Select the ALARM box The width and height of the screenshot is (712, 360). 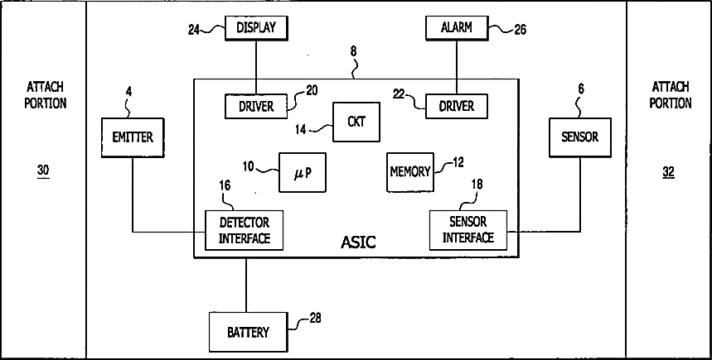click(x=457, y=28)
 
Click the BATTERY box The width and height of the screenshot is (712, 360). click(x=248, y=333)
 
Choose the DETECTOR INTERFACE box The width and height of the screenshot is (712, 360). click(x=245, y=230)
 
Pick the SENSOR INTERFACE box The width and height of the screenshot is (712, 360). click(x=467, y=229)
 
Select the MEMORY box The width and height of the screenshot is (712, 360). click(x=409, y=172)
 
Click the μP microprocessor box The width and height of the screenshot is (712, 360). click(x=303, y=172)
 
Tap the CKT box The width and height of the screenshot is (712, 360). click(x=356, y=122)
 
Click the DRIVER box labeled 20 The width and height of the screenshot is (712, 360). click(x=255, y=107)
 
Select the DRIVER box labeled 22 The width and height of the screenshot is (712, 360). click(x=457, y=106)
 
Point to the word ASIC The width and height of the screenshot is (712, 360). click(x=358, y=242)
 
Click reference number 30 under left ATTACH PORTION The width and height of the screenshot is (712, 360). click(x=43, y=171)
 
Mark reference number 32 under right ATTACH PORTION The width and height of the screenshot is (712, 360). click(x=669, y=172)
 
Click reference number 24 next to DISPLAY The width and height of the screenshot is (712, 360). click(x=194, y=30)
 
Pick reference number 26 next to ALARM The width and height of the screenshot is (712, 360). click(x=520, y=31)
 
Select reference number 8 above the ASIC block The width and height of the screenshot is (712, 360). click(x=354, y=51)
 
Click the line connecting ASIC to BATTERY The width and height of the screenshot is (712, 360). click(x=247, y=286)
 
